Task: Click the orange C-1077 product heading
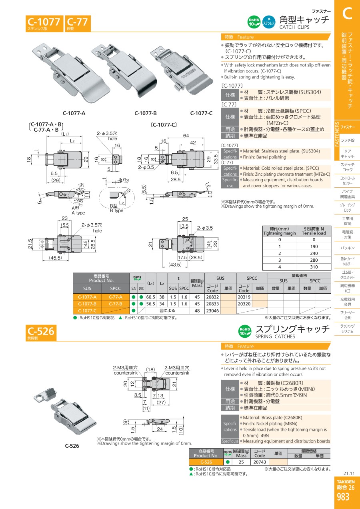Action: pyautogui.click(x=44, y=23)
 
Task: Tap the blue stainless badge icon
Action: pyautogui.click(x=269, y=22)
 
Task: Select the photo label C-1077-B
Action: pyautogui.click(x=146, y=113)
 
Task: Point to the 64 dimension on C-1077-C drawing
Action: pyautogui.click(x=186, y=136)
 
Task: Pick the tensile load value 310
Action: pyautogui.click(x=314, y=267)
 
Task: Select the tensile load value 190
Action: pyautogui.click(x=314, y=246)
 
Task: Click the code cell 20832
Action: pyautogui.click(x=212, y=297)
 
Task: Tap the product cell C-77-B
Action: pyautogui.click(x=115, y=304)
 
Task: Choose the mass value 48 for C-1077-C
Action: pyautogui.click(x=197, y=311)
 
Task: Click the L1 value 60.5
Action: pyautogui.click(x=150, y=297)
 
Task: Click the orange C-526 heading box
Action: pyautogui.click(x=41, y=333)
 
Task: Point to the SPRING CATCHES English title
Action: pyautogui.click(x=275, y=337)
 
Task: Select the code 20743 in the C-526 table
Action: pyautogui.click(x=260, y=462)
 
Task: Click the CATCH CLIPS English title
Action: pyautogui.click(x=294, y=27)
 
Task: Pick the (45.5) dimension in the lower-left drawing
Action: pyautogui.click(x=56, y=258)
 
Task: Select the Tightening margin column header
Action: pyautogui.click(x=280, y=233)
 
